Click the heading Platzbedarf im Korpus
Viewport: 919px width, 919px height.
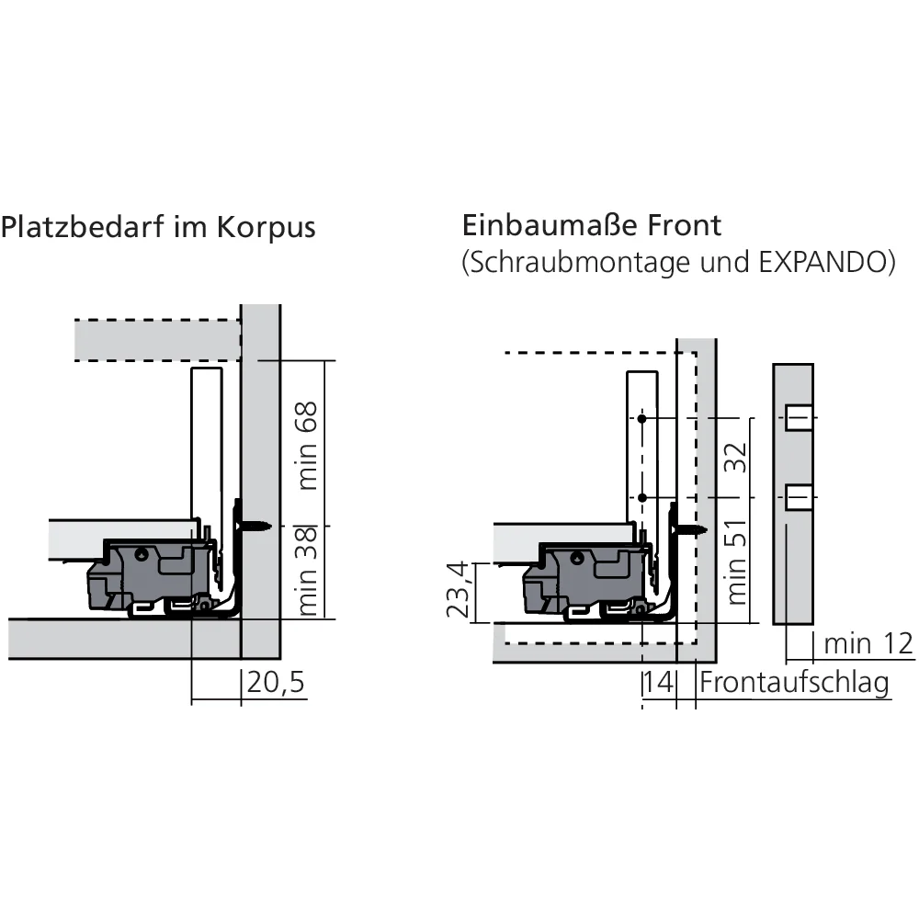(158, 227)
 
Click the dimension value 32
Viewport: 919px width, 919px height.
(734, 457)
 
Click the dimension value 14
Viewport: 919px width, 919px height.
(658, 684)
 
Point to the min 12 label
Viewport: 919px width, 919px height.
(868, 644)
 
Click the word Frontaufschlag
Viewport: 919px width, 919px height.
(794, 684)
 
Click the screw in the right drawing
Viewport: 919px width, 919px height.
(689, 530)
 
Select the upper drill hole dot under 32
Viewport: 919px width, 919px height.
(642, 420)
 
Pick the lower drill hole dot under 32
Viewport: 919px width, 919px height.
(642, 497)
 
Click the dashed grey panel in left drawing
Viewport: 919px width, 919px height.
(157, 339)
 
